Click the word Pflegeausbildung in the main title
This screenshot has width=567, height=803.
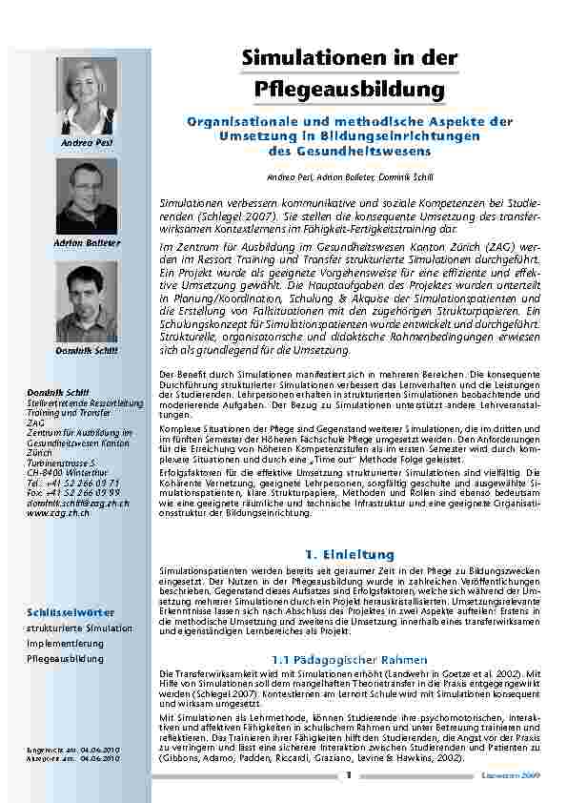tap(350, 90)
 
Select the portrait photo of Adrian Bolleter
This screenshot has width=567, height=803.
tap(87, 196)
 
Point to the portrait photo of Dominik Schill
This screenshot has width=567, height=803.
tap(87, 301)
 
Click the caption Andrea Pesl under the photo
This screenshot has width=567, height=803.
tap(87, 143)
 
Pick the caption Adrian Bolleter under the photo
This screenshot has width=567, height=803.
tap(87, 243)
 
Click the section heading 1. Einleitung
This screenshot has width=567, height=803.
tap(349, 553)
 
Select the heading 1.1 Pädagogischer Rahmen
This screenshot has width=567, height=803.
tap(349, 660)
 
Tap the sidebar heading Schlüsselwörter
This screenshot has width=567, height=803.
tap(71, 611)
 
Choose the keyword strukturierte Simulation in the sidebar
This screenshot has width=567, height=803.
tap(79, 628)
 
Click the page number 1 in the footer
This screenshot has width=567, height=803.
tap(350, 776)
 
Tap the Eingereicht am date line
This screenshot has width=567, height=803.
tap(72, 752)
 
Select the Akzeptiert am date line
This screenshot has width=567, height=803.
tap(72, 760)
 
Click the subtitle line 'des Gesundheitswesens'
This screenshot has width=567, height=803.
tap(350, 151)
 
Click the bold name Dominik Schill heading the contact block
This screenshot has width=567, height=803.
tap(57, 393)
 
